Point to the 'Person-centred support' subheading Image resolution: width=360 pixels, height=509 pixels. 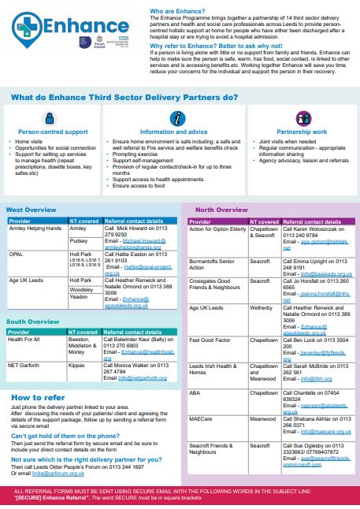[x=53, y=132]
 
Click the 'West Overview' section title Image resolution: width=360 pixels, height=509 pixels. [x=31, y=210]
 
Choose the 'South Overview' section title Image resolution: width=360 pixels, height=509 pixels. [x=33, y=321]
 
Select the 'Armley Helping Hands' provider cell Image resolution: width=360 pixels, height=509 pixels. [x=35, y=228]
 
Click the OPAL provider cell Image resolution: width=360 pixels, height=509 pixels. [x=17, y=254]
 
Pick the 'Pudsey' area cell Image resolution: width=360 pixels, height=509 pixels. [x=79, y=241]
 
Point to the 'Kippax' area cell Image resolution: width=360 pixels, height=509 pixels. [x=79, y=366]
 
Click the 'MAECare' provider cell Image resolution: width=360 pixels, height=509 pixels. [x=202, y=419]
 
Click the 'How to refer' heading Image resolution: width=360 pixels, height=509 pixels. [x=38, y=397]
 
